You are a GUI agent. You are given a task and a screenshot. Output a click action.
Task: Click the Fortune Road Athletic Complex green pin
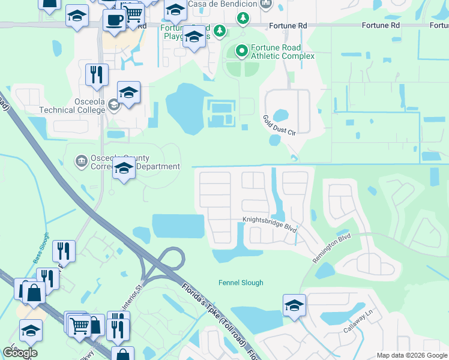(x=242, y=51)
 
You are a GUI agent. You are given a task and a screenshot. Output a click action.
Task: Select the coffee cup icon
(x=114, y=20)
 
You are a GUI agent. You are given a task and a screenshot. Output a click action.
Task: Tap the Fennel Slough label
(x=240, y=283)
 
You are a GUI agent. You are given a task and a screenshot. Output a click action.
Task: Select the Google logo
(x=20, y=353)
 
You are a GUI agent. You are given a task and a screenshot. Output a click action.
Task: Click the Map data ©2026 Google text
(x=412, y=355)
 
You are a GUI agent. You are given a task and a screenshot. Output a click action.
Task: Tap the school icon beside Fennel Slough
(x=294, y=305)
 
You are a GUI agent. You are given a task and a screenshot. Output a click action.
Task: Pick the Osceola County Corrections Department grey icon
(x=81, y=161)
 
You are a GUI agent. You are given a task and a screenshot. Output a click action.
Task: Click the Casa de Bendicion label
(x=223, y=4)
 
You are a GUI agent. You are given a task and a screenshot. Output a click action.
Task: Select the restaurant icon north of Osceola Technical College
(x=96, y=74)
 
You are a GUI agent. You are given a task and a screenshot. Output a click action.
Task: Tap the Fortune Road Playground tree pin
(x=220, y=30)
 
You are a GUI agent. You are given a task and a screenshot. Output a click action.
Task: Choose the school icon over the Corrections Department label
(x=124, y=169)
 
